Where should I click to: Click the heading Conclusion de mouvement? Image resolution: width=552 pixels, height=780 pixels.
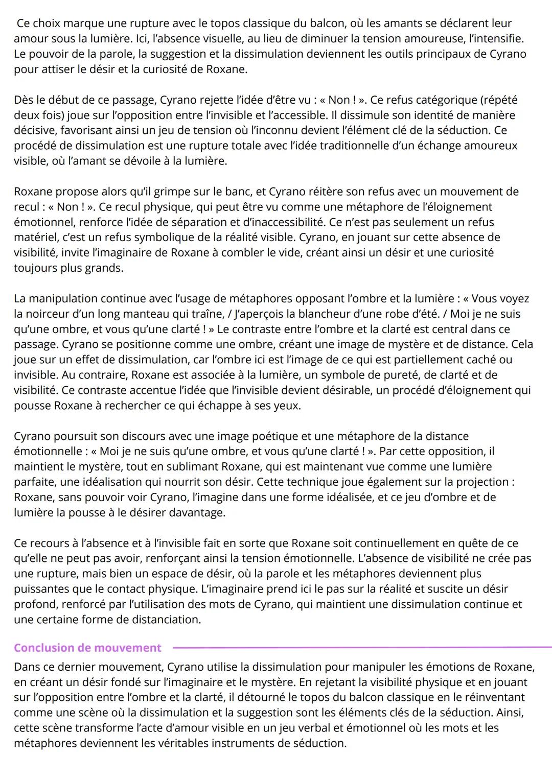87,648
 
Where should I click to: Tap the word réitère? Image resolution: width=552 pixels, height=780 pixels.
323,192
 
